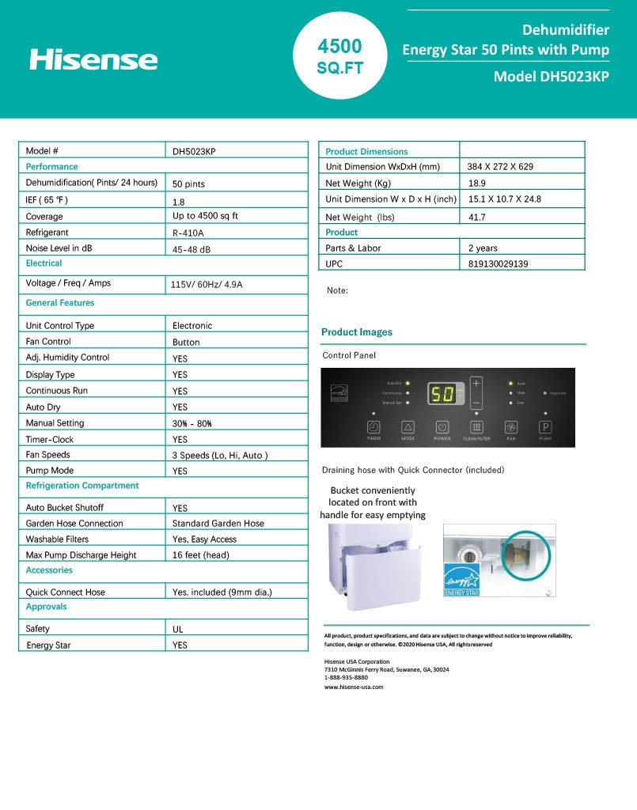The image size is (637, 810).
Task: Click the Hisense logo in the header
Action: (93, 59)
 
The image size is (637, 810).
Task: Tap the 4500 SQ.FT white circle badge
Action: (340, 56)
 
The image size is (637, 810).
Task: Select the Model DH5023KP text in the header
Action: (551, 77)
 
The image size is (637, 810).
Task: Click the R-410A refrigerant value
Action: (188, 233)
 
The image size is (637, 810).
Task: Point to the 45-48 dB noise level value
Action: (191, 249)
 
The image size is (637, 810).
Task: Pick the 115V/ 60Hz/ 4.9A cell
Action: (207, 284)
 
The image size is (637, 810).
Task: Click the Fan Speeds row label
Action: (48, 455)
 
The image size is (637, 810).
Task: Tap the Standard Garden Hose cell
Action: (218, 524)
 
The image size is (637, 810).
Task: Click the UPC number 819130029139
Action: (499, 264)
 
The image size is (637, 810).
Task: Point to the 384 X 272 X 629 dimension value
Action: (500, 167)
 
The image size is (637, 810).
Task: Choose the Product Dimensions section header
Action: (366, 151)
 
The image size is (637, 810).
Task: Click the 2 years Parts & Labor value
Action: (483, 248)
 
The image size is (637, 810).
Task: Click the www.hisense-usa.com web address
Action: (354, 687)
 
